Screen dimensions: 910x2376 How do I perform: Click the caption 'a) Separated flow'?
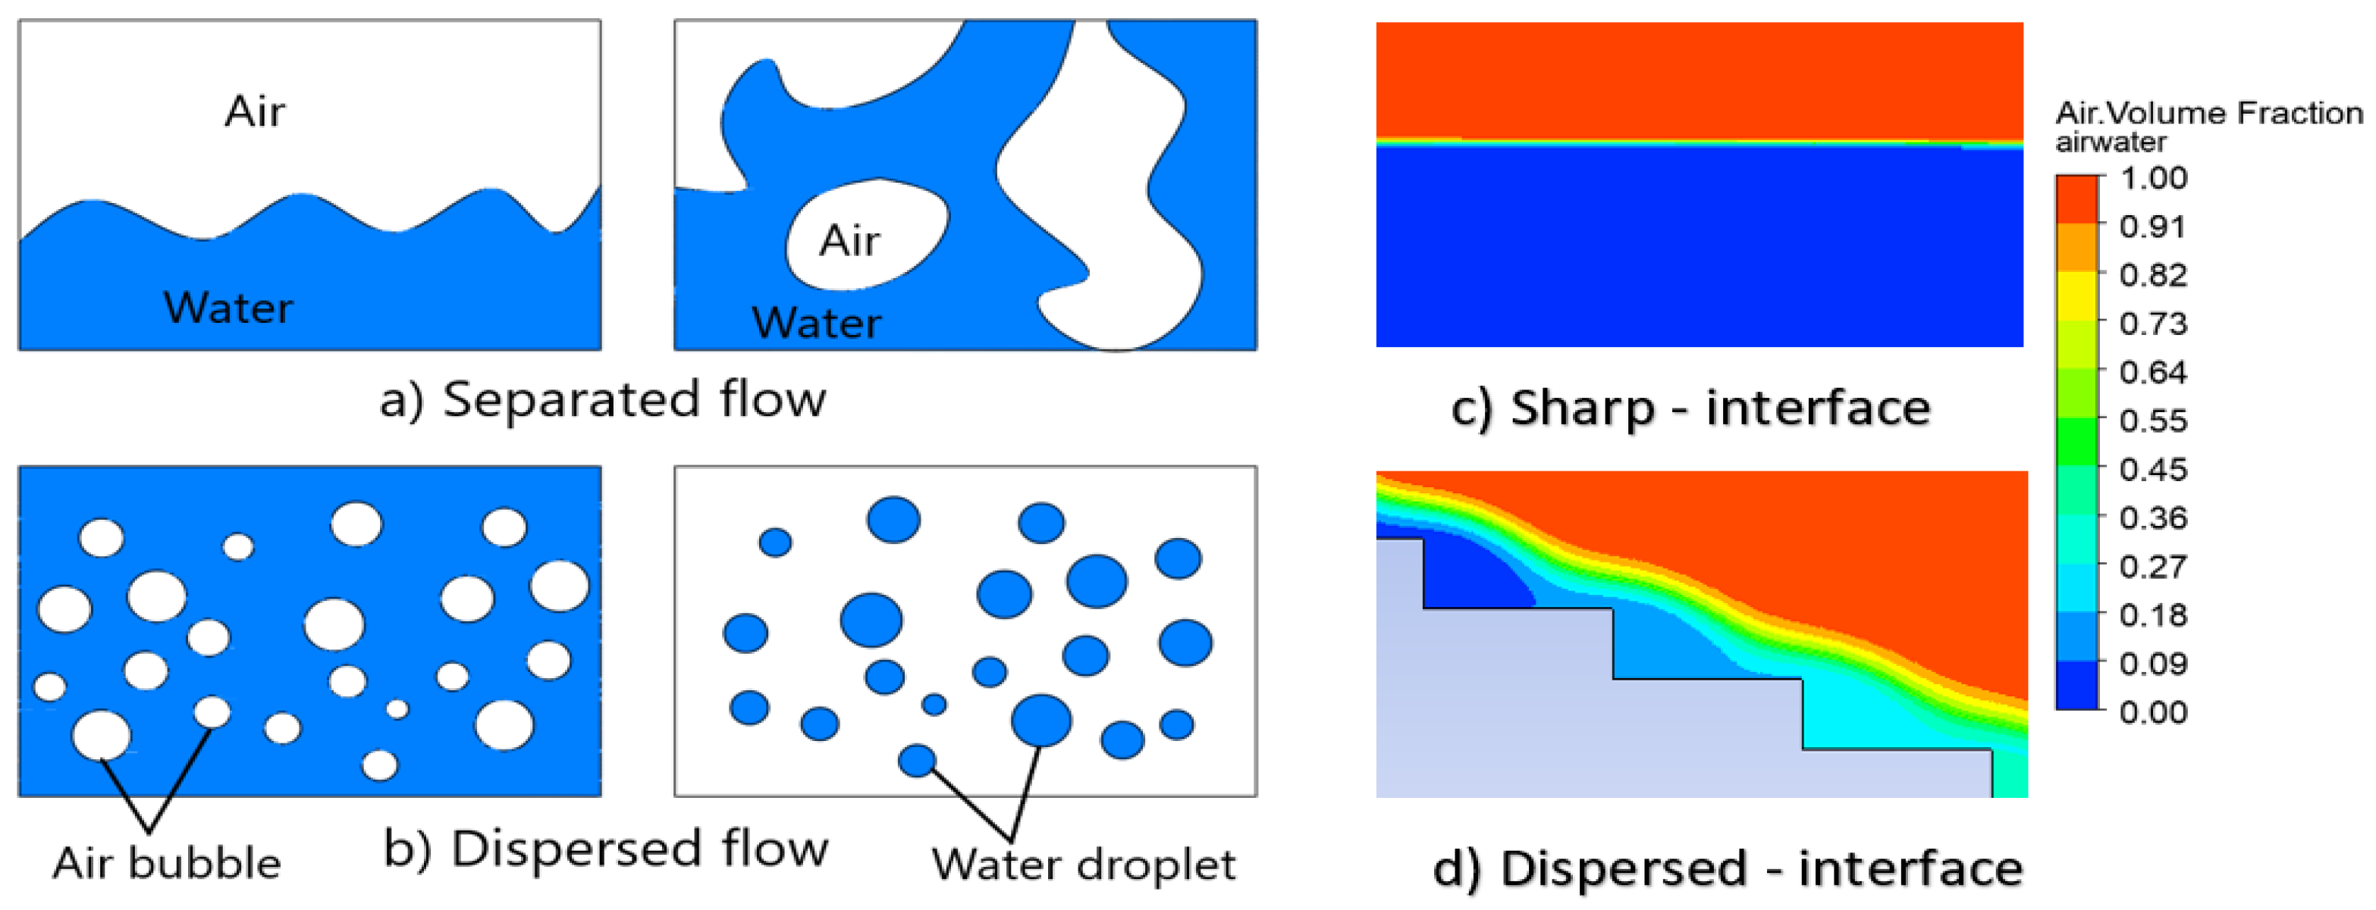[x=603, y=400]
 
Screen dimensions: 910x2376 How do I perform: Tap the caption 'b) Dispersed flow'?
[x=606, y=848]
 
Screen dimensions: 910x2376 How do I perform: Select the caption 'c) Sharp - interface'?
[x=1690, y=408]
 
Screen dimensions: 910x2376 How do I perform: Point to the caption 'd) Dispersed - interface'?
[x=1728, y=868]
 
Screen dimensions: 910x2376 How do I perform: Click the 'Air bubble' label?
[x=166, y=864]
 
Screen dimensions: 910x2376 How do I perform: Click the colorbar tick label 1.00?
[x=2153, y=178]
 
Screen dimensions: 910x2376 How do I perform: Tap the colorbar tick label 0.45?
[x=2153, y=469]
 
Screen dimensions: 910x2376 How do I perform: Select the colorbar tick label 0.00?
[x=2153, y=711]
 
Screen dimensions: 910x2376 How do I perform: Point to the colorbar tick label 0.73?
[x=2153, y=324]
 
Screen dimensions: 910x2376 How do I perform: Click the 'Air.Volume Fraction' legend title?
[x=2208, y=114]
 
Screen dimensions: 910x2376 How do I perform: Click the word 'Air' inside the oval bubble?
[x=849, y=241]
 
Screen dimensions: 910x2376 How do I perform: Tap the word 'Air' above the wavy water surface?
[x=255, y=111]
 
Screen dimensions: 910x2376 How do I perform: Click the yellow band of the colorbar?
[x=2076, y=295]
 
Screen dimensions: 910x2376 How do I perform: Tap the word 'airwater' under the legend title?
[x=2111, y=143]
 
